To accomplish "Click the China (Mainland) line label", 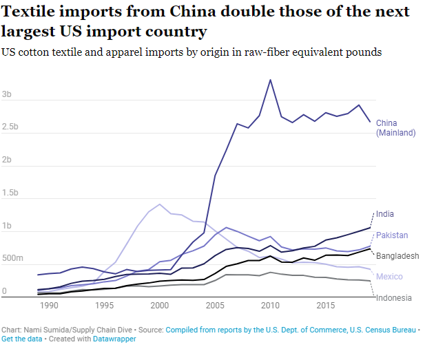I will click(x=395, y=128).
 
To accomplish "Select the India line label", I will click(x=386, y=214).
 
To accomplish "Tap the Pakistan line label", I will click(x=391, y=235).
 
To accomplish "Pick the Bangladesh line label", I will click(x=397, y=256).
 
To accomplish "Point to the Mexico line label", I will click(x=388, y=277).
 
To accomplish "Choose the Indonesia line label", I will click(x=393, y=297).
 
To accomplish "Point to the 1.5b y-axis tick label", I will click(x=11, y=193).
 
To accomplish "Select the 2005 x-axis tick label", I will click(x=215, y=305).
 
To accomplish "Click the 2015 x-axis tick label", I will click(x=326, y=305).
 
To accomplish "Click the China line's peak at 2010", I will click(x=270, y=80).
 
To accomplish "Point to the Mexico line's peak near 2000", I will click(x=160, y=204).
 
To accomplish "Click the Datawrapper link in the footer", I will click(x=116, y=339).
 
